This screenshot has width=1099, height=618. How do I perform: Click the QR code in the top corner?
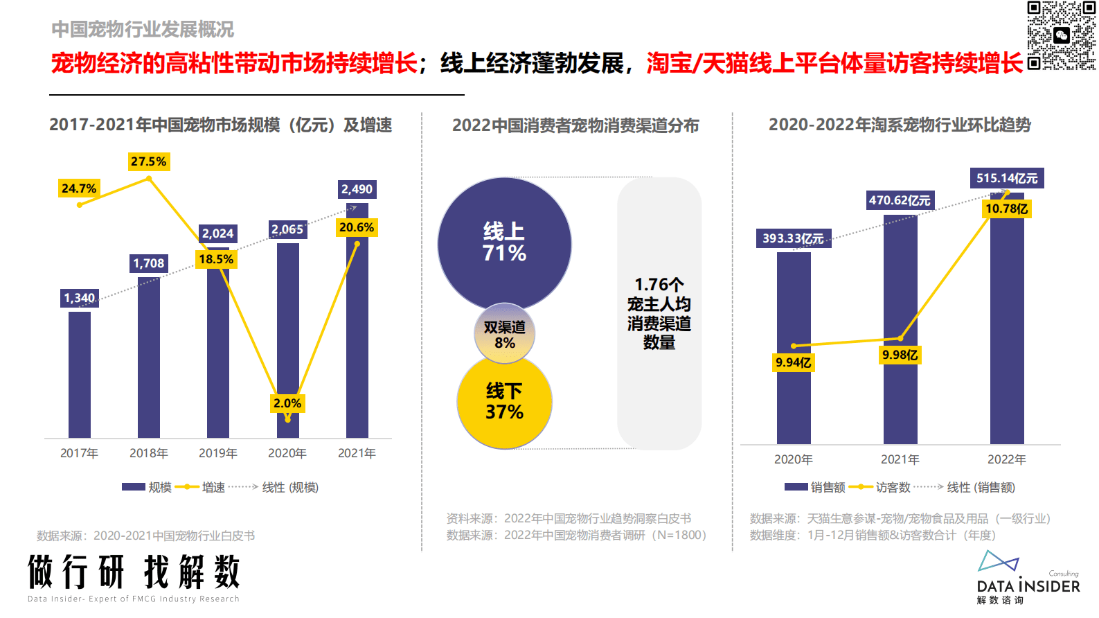coord(1061,35)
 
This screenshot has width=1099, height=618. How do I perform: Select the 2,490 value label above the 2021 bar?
coord(357,189)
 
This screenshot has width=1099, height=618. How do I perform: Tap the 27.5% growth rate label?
coord(149,161)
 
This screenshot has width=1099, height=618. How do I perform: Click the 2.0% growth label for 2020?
coord(287,403)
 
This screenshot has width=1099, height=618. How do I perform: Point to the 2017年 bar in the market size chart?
coord(80,374)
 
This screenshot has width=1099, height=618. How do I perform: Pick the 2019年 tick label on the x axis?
coord(218,453)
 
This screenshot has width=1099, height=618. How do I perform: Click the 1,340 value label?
coord(80,298)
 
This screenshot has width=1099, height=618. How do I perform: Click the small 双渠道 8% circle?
coord(504,334)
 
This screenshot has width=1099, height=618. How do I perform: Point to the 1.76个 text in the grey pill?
coord(659,285)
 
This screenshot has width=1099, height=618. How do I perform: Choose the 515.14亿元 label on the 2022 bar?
coord(1007,178)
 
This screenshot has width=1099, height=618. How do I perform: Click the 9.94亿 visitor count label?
coord(794,362)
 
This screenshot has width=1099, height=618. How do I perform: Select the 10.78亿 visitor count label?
coord(1007,209)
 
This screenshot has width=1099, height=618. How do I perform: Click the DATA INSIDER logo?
coord(1028,579)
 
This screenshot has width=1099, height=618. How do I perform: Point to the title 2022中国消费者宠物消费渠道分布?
coord(575,125)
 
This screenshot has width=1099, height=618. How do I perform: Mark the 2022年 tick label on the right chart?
coord(1007,459)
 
